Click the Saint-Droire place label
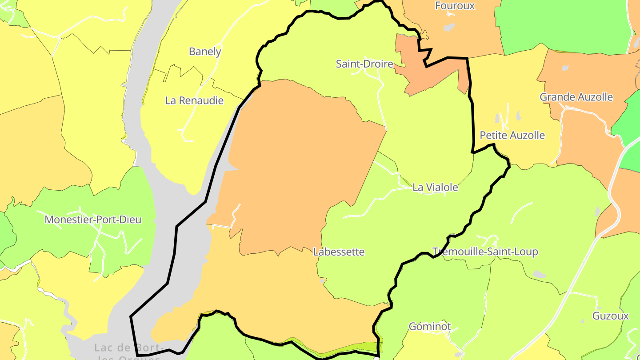(364, 64)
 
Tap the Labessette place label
(339, 252)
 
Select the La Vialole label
(435, 188)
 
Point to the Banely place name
(205, 52)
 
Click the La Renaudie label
(194, 100)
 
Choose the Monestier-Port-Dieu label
(93, 220)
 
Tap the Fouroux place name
(455, 6)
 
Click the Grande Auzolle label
(576, 97)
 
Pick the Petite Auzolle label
(512, 135)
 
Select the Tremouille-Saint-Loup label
(485, 252)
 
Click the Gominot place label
(430, 327)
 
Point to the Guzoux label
(611, 316)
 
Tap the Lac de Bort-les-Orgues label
(129, 351)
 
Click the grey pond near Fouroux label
(449, 28)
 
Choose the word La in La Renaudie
(172, 100)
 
